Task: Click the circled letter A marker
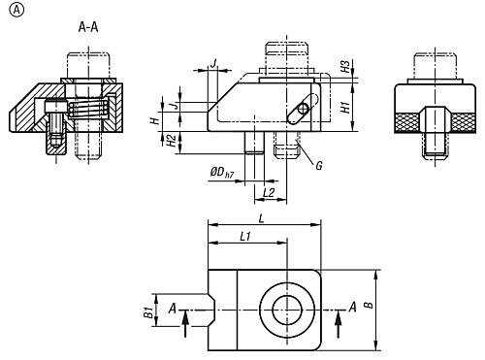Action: click(x=16, y=10)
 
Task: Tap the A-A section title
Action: click(x=88, y=27)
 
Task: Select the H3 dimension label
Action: click(x=345, y=66)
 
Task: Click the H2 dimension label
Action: click(x=171, y=141)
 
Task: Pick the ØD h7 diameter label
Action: click(x=221, y=173)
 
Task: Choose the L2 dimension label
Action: click(x=269, y=193)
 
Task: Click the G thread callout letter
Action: click(x=319, y=166)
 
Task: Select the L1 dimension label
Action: click(x=245, y=237)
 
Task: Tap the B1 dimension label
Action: click(x=148, y=312)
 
